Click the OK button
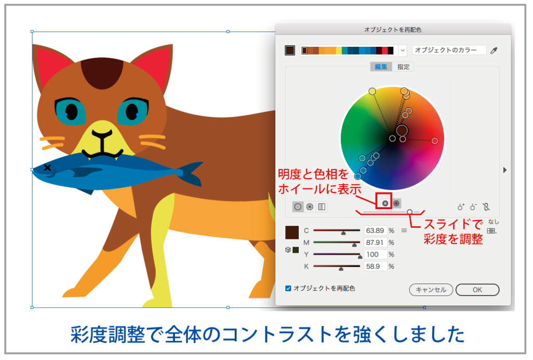click(477, 290)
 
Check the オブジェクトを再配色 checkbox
click(288, 288)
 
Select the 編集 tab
click(380, 67)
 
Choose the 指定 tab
click(403, 67)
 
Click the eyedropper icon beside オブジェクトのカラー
click(494, 50)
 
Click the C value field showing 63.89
click(375, 230)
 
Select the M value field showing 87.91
click(375, 242)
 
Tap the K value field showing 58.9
click(375, 266)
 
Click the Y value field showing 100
click(375, 254)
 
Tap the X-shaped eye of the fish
click(48, 168)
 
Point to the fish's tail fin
click(191, 174)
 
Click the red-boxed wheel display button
click(385, 203)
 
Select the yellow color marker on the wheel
click(372, 92)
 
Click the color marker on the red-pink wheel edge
click(435, 140)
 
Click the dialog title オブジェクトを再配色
click(394, 30)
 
